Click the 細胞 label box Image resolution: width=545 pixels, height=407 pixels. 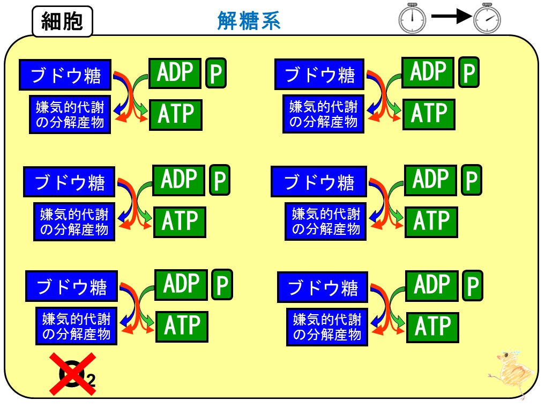click(62, 21)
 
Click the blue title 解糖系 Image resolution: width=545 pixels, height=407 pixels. click(249, 21)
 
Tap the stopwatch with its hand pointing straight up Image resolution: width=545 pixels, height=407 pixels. click(412, 18)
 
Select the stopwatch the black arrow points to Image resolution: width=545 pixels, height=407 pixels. click(487, 18)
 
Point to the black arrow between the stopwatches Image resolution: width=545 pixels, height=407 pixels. click(451, 16)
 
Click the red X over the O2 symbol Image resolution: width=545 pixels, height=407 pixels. click(73, 374)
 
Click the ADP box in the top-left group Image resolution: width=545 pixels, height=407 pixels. click(175, 73)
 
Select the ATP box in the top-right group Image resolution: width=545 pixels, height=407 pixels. click(429, 114)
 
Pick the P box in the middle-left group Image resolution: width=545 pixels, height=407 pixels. click(220, 180)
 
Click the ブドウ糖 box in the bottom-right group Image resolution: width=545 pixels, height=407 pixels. click(323, 287)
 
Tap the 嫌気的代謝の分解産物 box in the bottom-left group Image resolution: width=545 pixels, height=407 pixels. click(77, 326)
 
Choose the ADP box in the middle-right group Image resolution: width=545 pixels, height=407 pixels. click(431, 180)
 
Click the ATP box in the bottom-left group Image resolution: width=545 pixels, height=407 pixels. click(182, 327)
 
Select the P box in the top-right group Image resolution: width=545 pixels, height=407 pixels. click(469, 72)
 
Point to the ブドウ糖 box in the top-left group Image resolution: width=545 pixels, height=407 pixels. click(65, 75)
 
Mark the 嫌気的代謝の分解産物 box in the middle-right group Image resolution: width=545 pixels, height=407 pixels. click(326, 221)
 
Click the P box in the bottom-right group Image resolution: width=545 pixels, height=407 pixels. click(473, 286)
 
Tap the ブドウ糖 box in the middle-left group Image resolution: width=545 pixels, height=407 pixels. click(69, 182)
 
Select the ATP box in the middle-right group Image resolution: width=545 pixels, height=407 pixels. click(431, 223)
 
